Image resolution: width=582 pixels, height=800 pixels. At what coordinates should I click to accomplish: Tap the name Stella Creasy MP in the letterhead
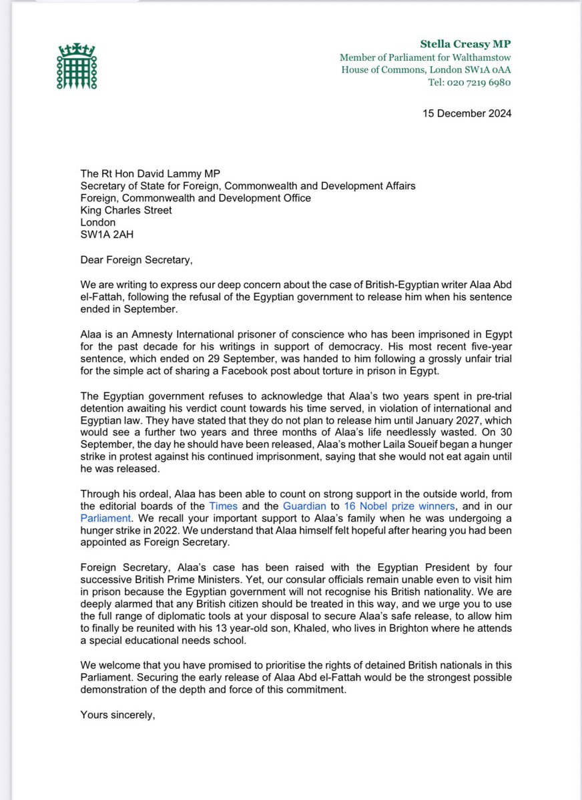(466, 44)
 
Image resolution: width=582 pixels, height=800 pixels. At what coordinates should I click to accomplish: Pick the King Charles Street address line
(125, 210)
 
